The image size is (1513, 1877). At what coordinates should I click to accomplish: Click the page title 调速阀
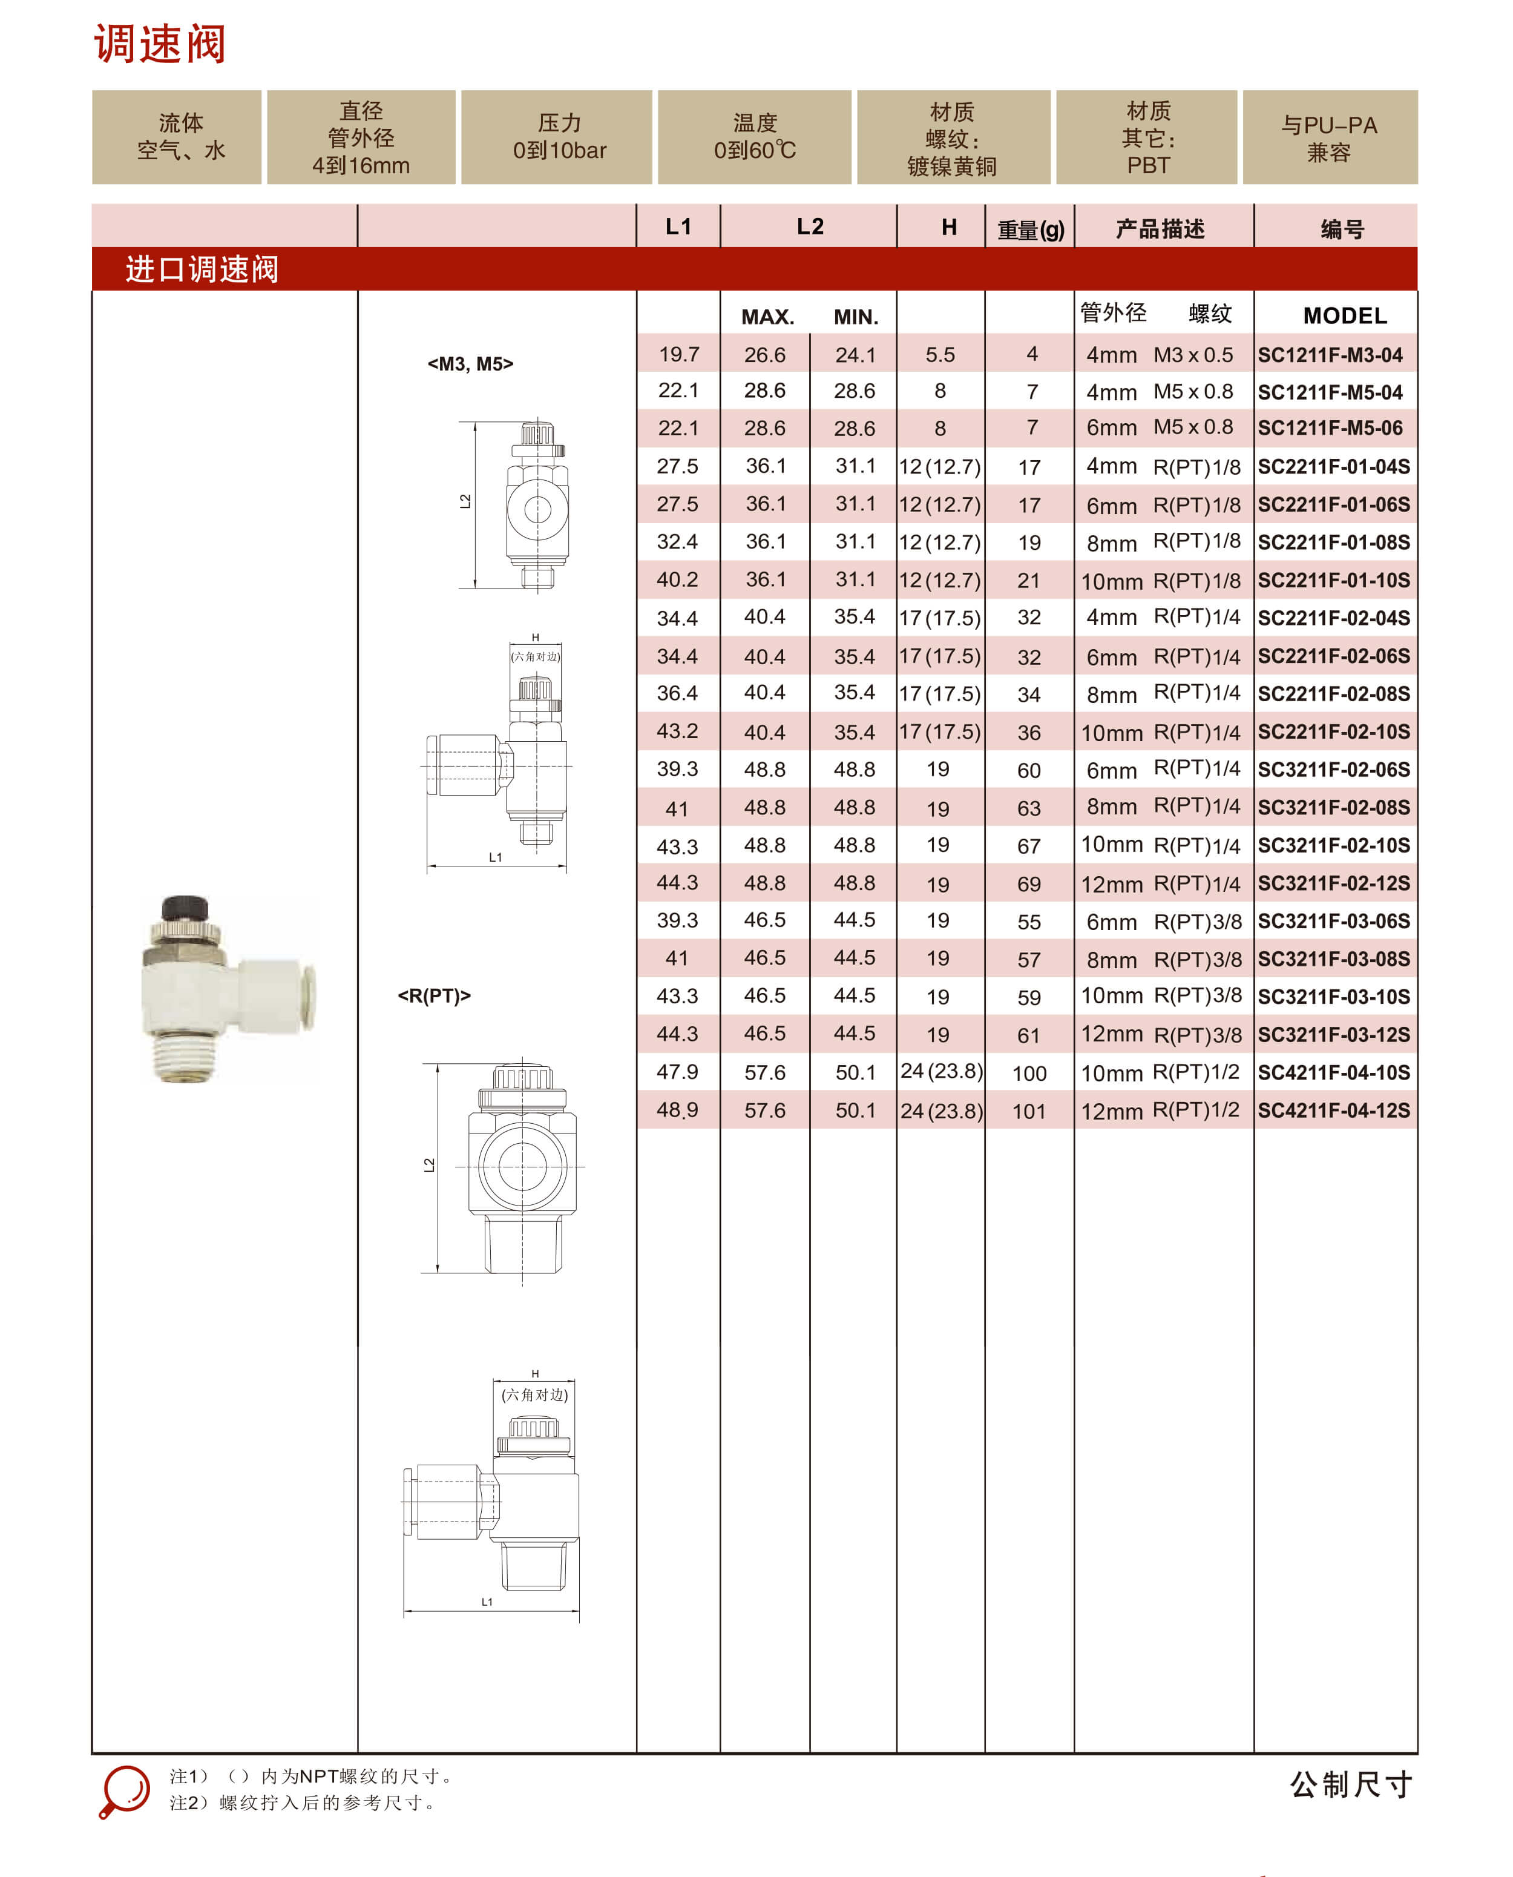pos(160,44)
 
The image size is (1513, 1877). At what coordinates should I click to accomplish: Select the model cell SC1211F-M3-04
pos(1330,355)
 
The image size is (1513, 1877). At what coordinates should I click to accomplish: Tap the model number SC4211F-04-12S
pos(1333,1110)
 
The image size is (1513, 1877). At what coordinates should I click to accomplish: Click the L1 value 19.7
pos(679,354)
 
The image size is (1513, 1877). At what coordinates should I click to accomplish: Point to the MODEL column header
pos(1344,315)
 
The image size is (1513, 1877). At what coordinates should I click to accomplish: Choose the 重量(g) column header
pos(1030,229)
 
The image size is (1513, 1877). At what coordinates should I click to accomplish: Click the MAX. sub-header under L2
pos(767,317)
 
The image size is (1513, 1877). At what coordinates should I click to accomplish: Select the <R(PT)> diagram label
pos(434,995)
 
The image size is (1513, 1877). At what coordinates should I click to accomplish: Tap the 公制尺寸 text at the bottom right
pos(1350,1784)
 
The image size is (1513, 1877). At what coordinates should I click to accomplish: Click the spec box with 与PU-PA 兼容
pos(1329,137)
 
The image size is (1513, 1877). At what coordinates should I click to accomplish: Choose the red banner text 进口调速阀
pos(202,268)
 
